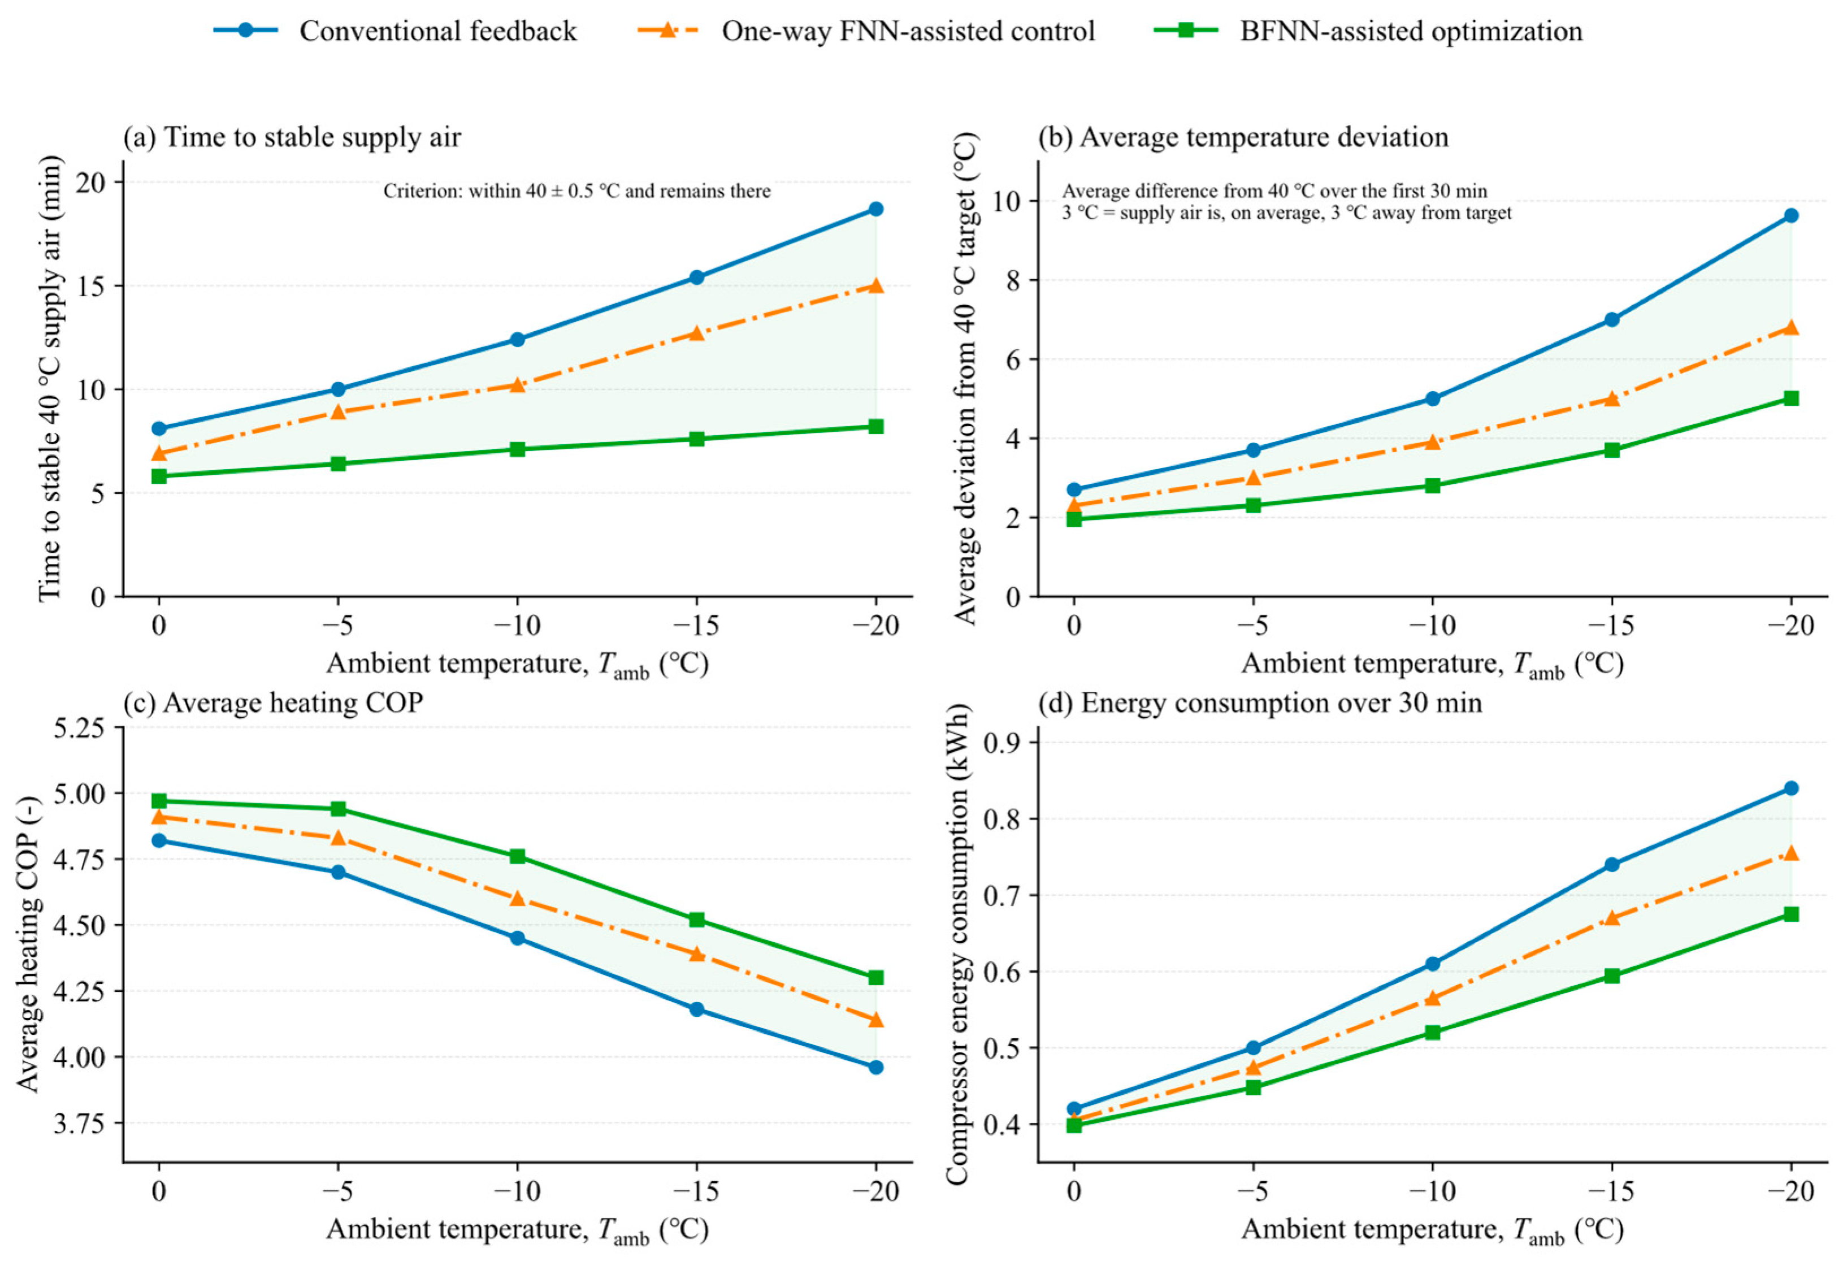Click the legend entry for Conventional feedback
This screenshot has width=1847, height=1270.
(396, 31)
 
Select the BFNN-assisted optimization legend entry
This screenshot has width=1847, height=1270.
(1368, 31)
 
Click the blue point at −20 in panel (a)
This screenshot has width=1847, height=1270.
(876, 209)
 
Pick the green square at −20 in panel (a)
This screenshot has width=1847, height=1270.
(876, 427)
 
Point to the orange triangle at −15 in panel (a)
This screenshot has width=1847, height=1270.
(697, 332)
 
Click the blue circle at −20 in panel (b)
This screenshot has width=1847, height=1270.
(1791, 216)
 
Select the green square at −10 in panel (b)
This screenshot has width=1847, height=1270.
(1432, 486)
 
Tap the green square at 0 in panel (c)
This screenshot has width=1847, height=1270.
(159, 800)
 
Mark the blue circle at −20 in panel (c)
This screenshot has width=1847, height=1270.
(876, 1067)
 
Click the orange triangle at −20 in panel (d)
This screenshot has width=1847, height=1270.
(1791, 853)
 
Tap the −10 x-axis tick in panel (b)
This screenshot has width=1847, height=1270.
(1432, 626)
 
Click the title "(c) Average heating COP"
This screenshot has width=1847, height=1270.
(273, 704)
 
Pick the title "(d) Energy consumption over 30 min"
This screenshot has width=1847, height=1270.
(1260, 704)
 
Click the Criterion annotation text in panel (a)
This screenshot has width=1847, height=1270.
(577, 191)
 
